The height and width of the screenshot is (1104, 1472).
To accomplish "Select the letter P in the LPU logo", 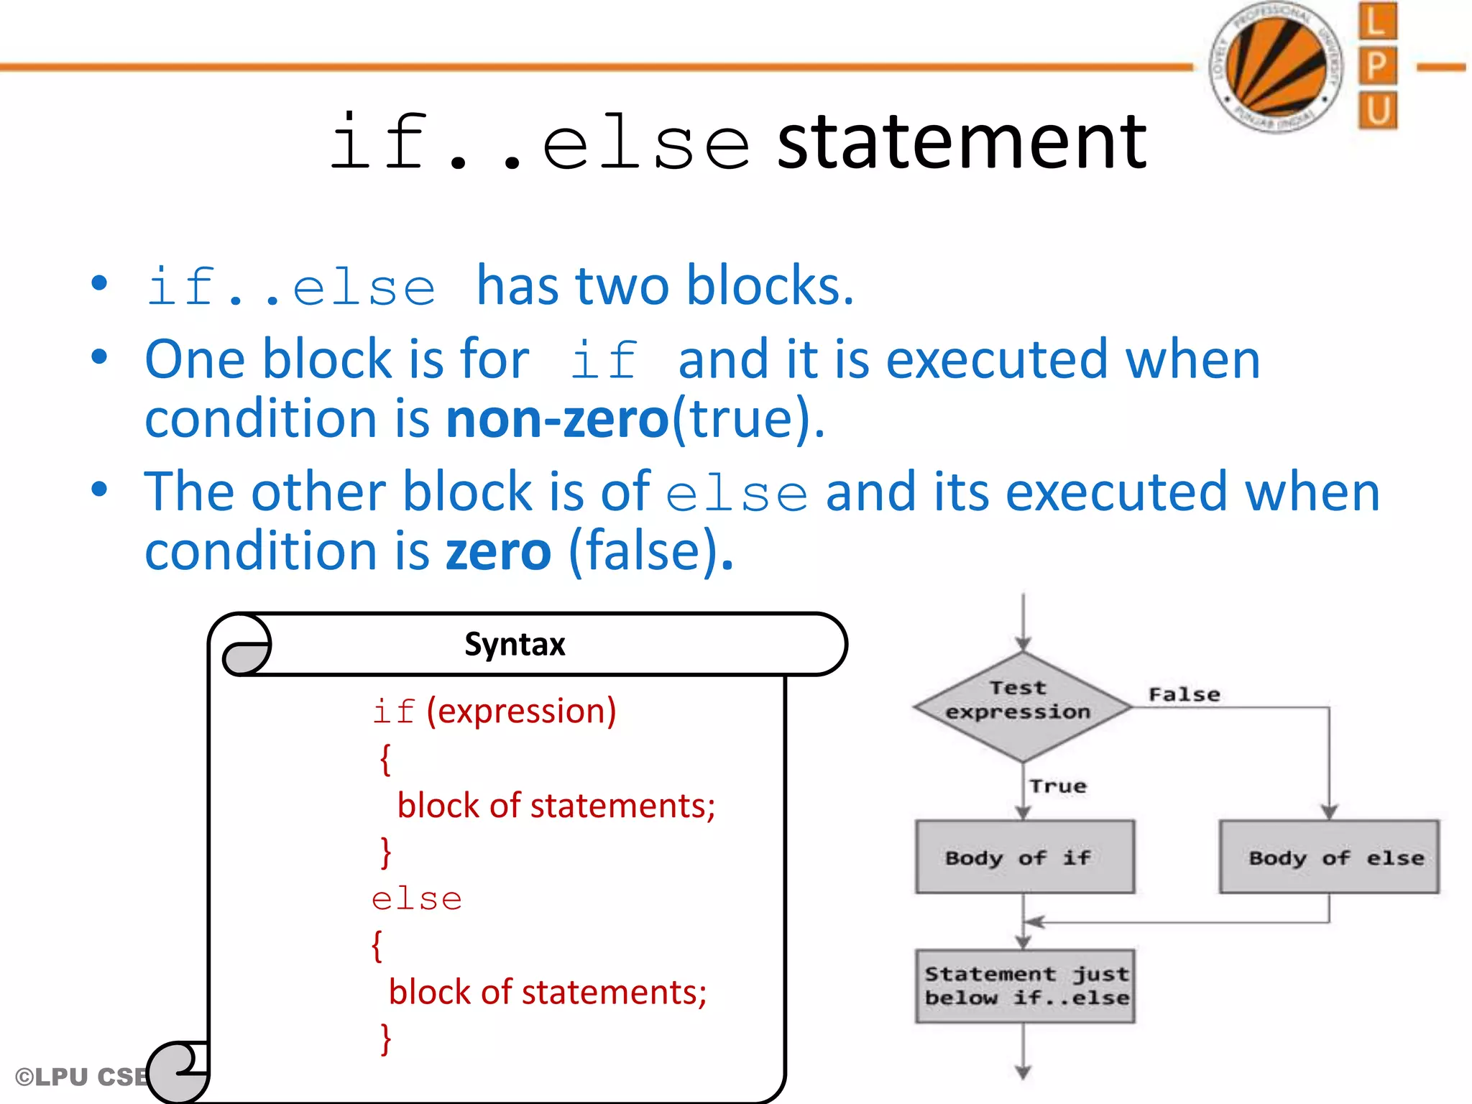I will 1377,66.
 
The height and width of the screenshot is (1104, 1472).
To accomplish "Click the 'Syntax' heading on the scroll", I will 515,644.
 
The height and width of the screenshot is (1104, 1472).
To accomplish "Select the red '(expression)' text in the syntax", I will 521,711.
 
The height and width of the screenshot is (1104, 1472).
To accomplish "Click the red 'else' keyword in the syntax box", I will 416,899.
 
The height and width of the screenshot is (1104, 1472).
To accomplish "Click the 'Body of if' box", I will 1024,857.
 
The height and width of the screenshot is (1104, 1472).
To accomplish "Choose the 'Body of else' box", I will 1329,857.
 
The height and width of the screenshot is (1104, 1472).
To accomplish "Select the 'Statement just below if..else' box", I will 1025,986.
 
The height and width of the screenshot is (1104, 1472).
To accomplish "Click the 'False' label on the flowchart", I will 1184,694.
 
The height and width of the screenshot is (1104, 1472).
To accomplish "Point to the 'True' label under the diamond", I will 1057,786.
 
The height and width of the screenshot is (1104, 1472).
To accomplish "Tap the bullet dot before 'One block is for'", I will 99,356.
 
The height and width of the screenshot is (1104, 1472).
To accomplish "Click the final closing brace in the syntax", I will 386,1039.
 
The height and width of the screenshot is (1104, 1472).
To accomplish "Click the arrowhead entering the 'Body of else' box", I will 1329,812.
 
